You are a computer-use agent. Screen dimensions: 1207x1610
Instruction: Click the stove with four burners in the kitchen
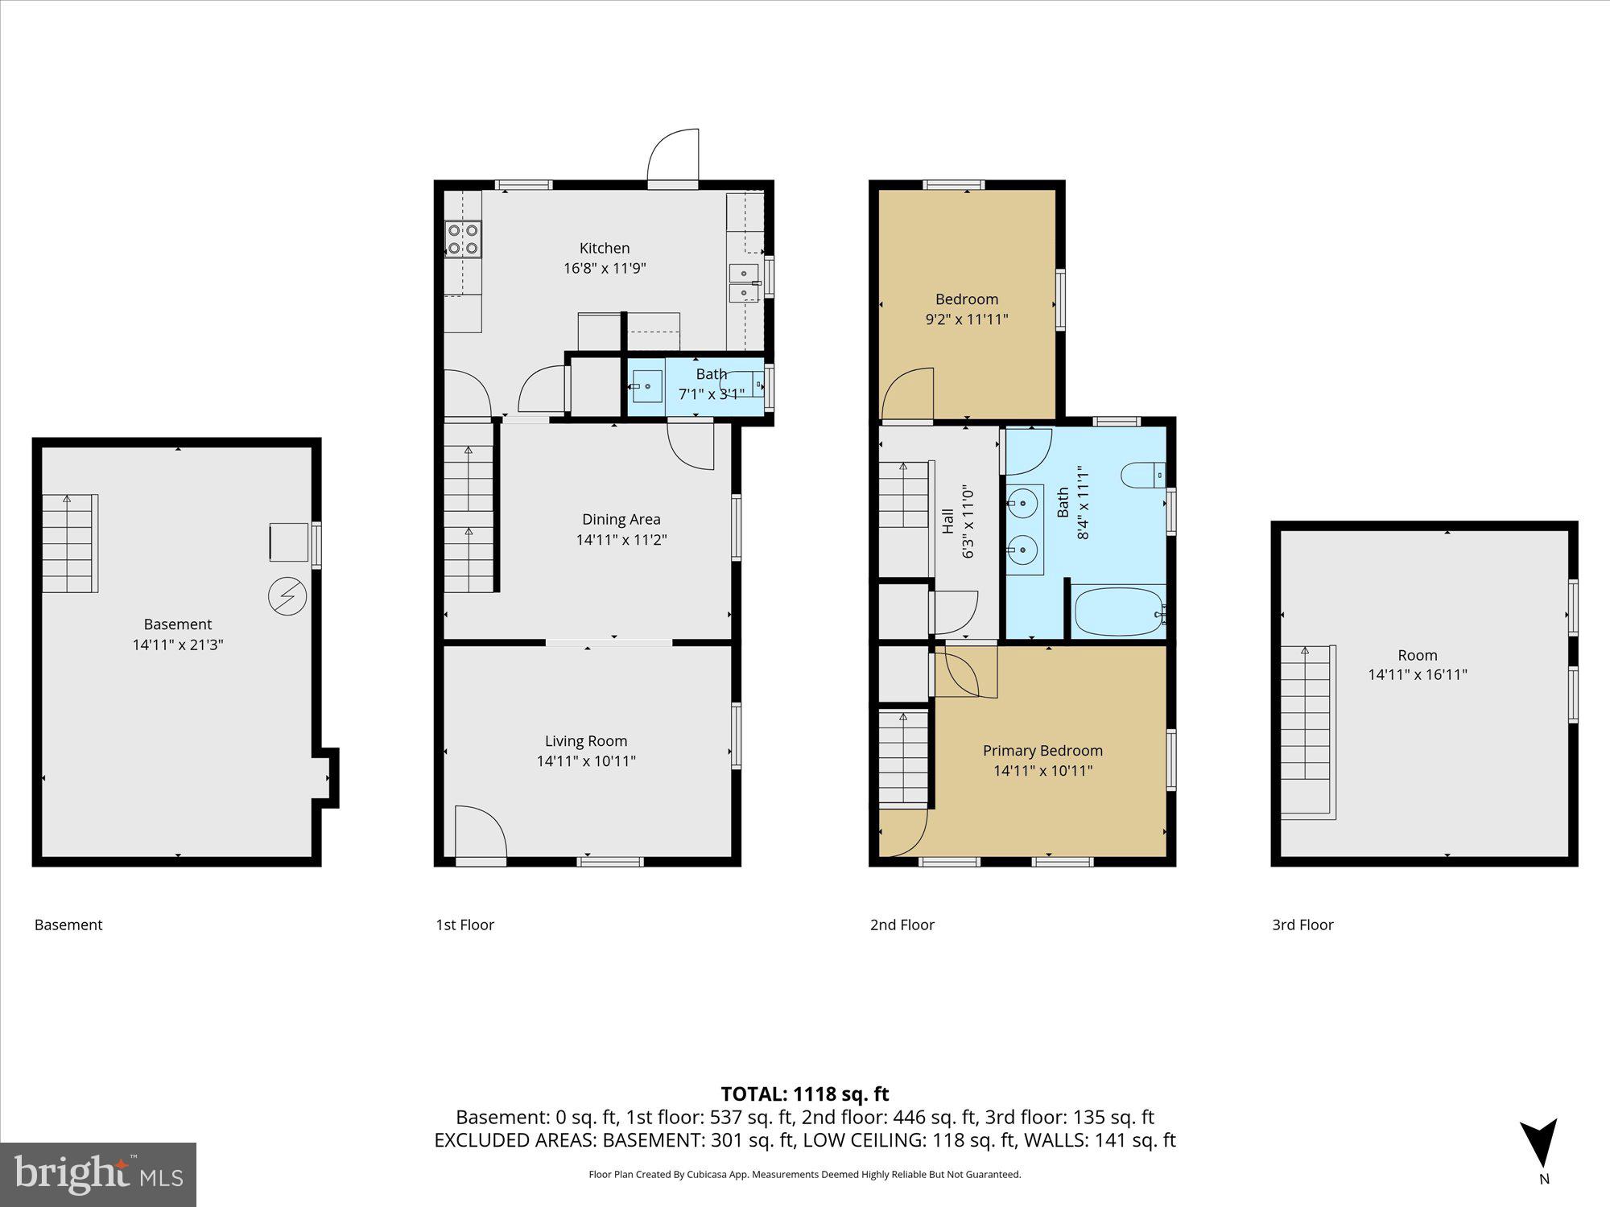tap(463, 239)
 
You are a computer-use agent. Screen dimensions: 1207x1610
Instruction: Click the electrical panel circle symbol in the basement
tap(287, 596)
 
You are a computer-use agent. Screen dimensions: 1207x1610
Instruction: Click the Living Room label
tap(585, 741)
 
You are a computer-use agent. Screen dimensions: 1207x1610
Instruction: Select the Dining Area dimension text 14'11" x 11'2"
tap(621, 540)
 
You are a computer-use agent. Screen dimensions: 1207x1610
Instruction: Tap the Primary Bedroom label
tap(1042, 751)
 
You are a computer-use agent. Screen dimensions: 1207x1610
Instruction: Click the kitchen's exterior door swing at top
tap(673, 158)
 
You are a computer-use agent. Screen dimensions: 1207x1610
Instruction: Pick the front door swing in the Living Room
tap(480, 834)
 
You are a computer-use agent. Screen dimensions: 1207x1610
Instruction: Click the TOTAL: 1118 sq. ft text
tap(804, 1094)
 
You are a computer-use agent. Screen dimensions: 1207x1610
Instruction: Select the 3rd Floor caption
tap(1302, 925)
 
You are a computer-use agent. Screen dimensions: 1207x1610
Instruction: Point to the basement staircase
tap(69, 543)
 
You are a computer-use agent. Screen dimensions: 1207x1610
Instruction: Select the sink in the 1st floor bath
tap(646, 387)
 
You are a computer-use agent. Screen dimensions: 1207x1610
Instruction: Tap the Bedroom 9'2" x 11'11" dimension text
tap(966, 319)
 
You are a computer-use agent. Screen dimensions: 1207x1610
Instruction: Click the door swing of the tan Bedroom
tap(908, 395)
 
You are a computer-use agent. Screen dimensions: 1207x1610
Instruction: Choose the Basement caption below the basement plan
tap(68, 925)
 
